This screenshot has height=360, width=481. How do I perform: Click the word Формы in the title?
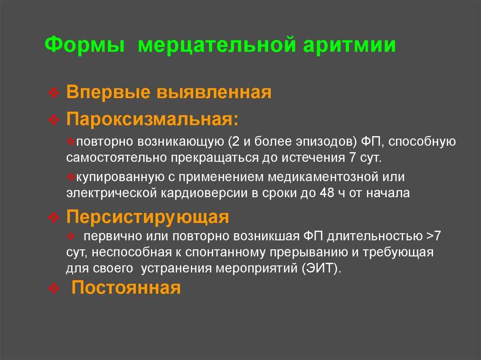pyautogui.click(x=85, y=45)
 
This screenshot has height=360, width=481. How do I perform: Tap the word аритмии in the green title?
pyautogui.click(x=349, y=45)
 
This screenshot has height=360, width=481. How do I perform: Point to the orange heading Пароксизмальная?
pyautogui.click(x=152, y=119)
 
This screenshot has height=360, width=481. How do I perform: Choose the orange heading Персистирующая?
pyautogui.click(x=147, y=217)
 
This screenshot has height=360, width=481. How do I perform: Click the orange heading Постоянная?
pyautogui.click(x=126, y=287)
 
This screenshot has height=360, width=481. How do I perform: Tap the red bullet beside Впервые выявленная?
pyautogui.click(x=54, y=92)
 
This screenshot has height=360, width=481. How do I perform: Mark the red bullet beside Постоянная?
pyautogui.click(x=54, y=288)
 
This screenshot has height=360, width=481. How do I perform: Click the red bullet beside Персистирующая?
pyautogui.click(x=54, y=217)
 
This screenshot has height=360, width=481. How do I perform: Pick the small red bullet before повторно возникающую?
pyautogui.click(x=71, y=141)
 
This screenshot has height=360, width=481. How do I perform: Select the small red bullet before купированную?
pyautogui.click(x=71, y=176)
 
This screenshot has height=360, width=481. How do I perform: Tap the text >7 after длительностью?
pyautogui.click(x=434, y=236)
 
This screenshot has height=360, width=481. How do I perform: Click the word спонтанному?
pyautogui.click(x=225, y=253)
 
